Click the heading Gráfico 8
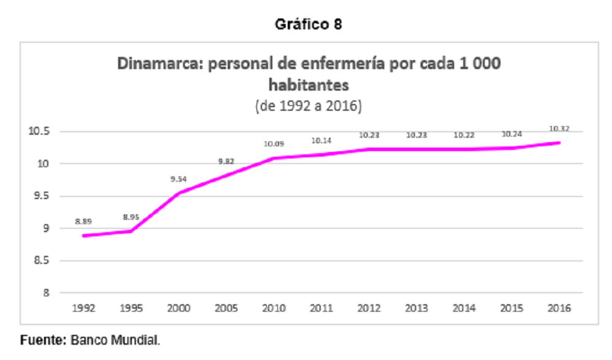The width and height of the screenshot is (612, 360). tap(308, 24)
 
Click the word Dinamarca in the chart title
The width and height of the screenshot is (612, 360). tap(160, 63)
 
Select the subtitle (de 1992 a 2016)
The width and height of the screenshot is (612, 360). tap(308, 106)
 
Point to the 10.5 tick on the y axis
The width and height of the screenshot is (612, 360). tap(39, 131)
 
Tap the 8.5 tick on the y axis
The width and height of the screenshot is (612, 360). tap(42, 260)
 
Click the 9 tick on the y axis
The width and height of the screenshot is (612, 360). tap(47, 228)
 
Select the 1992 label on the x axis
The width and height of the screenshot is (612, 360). tap(83, 308)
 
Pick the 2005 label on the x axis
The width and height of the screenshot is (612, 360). tap(226, 308)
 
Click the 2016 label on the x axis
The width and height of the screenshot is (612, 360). tap(559, 308)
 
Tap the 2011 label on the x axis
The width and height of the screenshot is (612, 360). tap(321, 308)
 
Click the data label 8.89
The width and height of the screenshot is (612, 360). tap(83, 222)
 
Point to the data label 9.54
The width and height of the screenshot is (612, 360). tap(178, 179)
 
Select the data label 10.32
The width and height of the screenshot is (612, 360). tap(559, 129)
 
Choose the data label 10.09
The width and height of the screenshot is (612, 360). tap(274, 144)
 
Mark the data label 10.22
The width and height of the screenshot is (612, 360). tap(464, 135)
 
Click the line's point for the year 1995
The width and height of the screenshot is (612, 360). tap(131, 231)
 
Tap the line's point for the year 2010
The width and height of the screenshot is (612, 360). tap(274, 158)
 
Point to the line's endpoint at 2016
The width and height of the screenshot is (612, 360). tap(559, 143)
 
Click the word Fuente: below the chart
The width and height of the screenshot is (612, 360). tap(43, 340)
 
